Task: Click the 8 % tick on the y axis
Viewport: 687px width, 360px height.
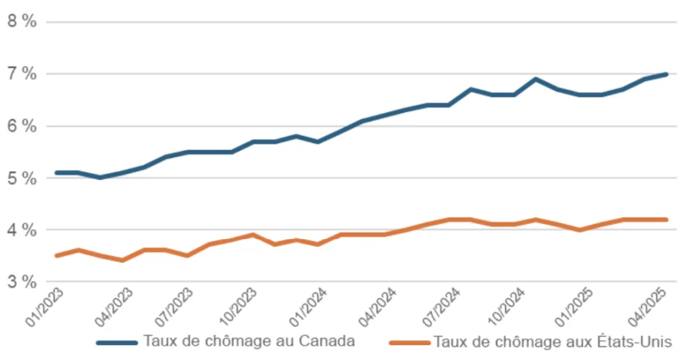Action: pyautogui.click(x=21, y=21)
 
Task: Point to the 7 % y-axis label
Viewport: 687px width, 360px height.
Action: pyautogui.click(x=21, y=74)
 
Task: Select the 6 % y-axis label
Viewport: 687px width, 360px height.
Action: pyautogui.click(x=21, y=126)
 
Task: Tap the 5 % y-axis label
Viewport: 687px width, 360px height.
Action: pyautogui.click(x=21, y=178)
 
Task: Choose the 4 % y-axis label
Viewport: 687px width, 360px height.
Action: pyautogui.click(x=21, y=230)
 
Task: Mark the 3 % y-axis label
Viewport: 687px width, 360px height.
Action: pyautogui.click(x=21, y=282)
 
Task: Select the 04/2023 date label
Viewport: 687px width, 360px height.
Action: pyautogui.click(x=112, y=306)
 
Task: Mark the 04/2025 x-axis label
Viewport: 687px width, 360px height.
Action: pyautogui.click(x=649, y=306)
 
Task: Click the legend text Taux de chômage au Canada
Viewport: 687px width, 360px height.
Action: pyautogui.click(x=249, y=341)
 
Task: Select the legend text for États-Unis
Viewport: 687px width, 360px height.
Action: pyautogui.click(x=552, y=341)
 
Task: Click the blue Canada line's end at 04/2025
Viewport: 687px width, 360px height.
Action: pyautogui.click(x=666, y=74)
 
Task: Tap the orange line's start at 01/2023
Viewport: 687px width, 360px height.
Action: pyautogui.click(x=57, y=256)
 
